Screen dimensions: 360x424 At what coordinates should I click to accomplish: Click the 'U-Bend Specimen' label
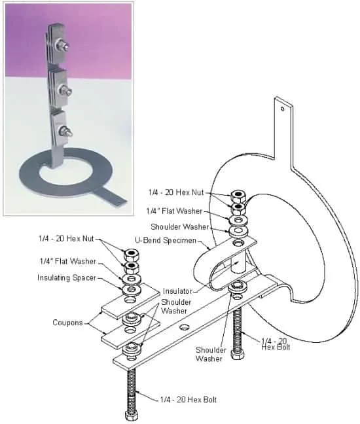pos(165,240)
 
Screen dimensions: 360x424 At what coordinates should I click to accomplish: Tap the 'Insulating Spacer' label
pos(67,277)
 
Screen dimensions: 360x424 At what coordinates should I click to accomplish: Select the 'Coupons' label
pos(67,323)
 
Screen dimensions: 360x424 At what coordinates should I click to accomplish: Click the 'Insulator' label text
pos(177,291)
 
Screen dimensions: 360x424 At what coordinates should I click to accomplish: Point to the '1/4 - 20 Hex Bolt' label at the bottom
pos(189,400)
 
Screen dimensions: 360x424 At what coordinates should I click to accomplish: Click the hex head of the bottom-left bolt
pos(132,415)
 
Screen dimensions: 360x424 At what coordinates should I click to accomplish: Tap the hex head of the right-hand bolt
pos(237,354)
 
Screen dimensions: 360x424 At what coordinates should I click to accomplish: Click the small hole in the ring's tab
pos(283,109)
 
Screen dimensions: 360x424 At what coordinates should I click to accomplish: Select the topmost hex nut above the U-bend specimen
pos(238,196)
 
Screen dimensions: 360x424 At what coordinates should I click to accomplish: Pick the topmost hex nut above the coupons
pos(132,254)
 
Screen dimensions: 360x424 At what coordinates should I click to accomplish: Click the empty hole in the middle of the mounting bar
pos(185,327)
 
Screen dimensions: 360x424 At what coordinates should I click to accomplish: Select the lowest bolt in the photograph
pos(65,131)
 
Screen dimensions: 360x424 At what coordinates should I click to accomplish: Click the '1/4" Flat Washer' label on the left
pos(68,261)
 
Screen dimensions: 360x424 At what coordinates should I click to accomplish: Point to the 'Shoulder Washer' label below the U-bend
pos(211,354)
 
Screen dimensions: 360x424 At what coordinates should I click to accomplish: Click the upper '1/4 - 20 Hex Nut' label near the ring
pos(176,192)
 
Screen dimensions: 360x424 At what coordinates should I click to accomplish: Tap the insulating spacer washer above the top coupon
pos(132,290)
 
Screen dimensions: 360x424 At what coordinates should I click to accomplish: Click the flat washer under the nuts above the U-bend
pos(238,219)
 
